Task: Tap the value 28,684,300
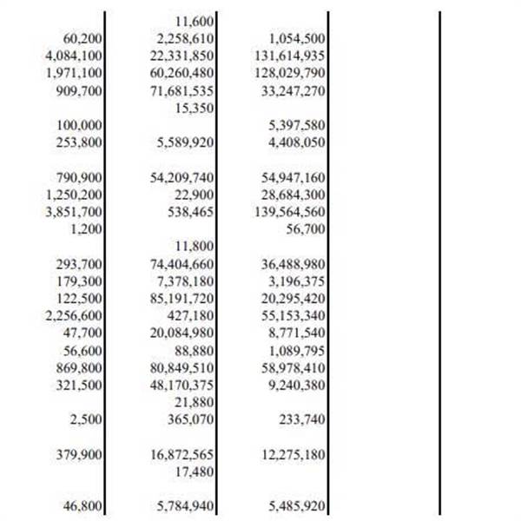pos(293,195)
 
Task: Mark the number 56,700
pos(305,229)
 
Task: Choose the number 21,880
pos(195,402)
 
